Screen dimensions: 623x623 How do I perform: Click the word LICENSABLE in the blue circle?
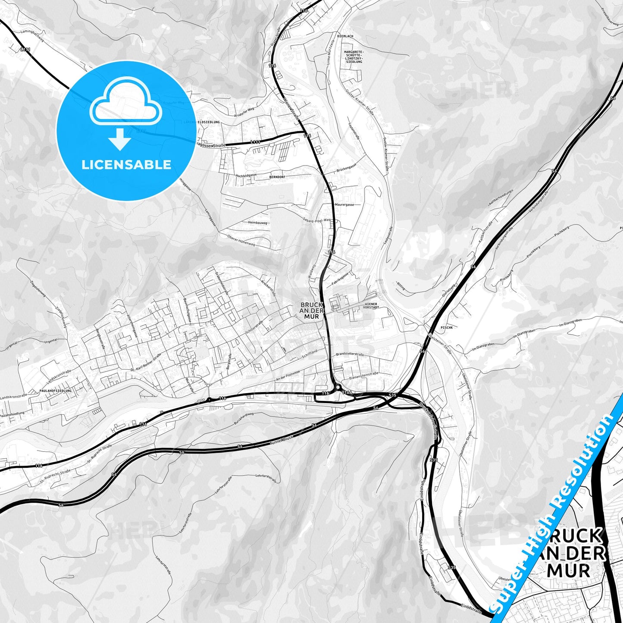(126, 165)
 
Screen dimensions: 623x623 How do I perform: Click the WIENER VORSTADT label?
(371, 306)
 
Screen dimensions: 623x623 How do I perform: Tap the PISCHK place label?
(447, 328)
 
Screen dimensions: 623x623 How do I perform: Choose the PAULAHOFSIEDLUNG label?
(55, 391)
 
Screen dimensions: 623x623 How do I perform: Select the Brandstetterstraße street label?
(350, 354)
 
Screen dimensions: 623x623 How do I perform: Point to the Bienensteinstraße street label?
(364, 374)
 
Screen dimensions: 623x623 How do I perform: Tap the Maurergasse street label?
(344, 205)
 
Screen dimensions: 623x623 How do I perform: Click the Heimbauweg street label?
(258, 223)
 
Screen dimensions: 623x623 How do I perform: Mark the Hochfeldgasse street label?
(246, 175)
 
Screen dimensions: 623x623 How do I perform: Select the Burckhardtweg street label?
(241, 416)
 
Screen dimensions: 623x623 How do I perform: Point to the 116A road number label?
(347, 393)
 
